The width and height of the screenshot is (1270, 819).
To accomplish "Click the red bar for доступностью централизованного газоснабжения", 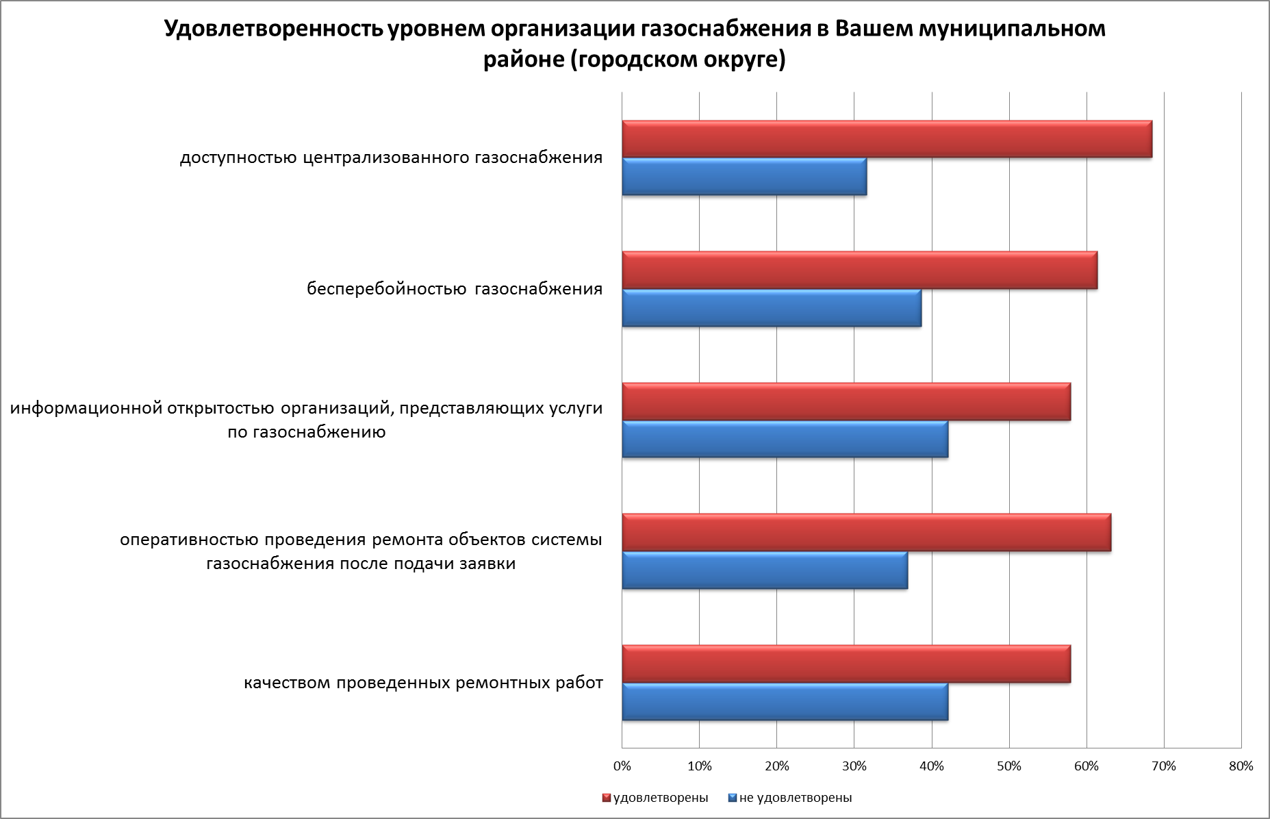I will point(887,139).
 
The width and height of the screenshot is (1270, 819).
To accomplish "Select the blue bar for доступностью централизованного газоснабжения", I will point(744,177).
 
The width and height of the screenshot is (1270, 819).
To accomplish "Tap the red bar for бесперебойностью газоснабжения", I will point(859,270).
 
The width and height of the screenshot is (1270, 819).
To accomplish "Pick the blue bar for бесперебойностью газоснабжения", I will point(772,308).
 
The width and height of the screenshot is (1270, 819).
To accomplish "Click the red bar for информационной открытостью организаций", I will point(846,401).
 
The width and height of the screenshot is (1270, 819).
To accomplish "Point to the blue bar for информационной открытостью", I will point(785,439).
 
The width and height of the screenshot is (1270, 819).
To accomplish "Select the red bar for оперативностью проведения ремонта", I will point(866,532).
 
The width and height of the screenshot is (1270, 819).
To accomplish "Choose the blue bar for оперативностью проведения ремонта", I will point(765,570).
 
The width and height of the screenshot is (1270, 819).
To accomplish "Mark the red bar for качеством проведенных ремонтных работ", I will point(846,664).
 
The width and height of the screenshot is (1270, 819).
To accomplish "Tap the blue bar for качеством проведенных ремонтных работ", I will point(785,702).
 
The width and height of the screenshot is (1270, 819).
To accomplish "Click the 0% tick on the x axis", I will point(622,766).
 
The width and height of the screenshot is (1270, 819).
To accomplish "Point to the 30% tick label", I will point(854,766).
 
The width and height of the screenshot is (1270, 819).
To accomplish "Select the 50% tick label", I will point(1009,766).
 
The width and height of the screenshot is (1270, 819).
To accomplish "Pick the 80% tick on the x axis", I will point(1241,766).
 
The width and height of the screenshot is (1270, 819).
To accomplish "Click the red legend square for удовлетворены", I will point(606,798).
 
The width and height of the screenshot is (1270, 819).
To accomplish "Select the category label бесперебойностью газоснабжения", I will point(455,289).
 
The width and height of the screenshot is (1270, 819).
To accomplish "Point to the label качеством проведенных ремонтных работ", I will point(424,683).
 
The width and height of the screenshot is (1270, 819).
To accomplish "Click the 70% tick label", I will point(1164,766).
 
